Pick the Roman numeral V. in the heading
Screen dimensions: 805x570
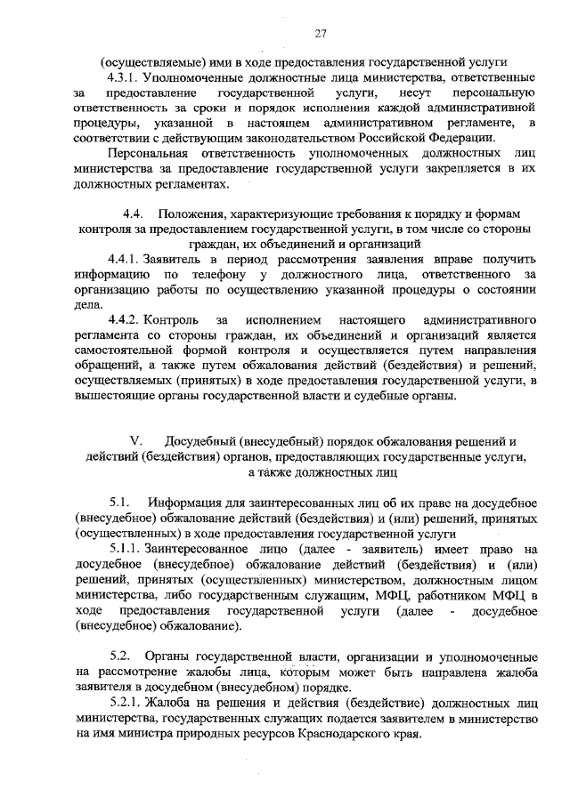point(136,442)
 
